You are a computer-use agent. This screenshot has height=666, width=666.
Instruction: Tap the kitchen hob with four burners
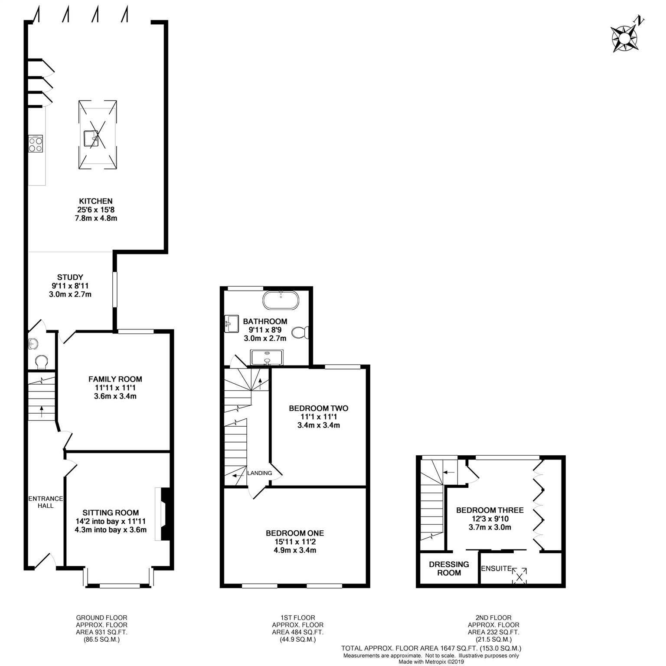[x=36, y=144]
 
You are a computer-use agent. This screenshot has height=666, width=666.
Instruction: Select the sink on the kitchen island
[x=91, y=138]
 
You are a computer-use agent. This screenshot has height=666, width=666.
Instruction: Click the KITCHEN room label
[x=95, y=201]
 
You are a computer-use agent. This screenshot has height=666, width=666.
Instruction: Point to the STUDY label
[x=70, y=277]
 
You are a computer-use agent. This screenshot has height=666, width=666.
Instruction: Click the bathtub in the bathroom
[x=281, y=300]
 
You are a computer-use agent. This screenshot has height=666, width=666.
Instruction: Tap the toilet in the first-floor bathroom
[x=300, y=333]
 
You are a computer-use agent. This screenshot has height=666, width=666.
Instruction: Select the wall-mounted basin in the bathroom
[x=231, y=323]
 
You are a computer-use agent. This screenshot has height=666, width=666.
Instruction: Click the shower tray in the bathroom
[x=267, y=357]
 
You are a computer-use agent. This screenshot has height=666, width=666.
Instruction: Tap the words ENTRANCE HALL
[x=46, y=502]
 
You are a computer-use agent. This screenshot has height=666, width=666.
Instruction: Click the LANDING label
[x=260, y=473]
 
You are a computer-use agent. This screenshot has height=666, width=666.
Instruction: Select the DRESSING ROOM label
[x=449, y=568]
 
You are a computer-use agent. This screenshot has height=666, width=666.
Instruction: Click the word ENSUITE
[x=496, y=568]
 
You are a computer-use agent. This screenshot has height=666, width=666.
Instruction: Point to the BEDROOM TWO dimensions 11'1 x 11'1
[x=319, y=417]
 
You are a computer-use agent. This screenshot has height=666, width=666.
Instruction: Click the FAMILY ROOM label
[x=115, y=379]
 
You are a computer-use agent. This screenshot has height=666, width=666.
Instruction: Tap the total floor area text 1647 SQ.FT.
[x=462, y=649]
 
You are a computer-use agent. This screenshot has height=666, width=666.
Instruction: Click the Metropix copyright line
[x=431, y=662]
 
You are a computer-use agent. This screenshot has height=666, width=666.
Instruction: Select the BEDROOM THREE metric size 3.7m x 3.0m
[x=490, y=527]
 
